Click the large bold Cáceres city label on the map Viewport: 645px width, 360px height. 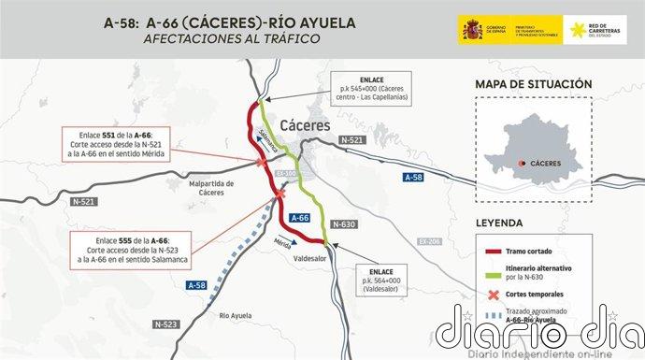[x=303, y=124]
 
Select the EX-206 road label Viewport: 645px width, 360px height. [x=430, y=241]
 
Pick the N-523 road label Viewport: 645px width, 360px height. [x=166, y=324]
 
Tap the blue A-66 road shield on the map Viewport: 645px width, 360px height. [x=298, y=217]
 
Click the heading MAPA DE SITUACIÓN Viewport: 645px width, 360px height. [x=534, y=84]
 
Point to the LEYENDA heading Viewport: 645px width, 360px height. [x=506, y=224]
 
